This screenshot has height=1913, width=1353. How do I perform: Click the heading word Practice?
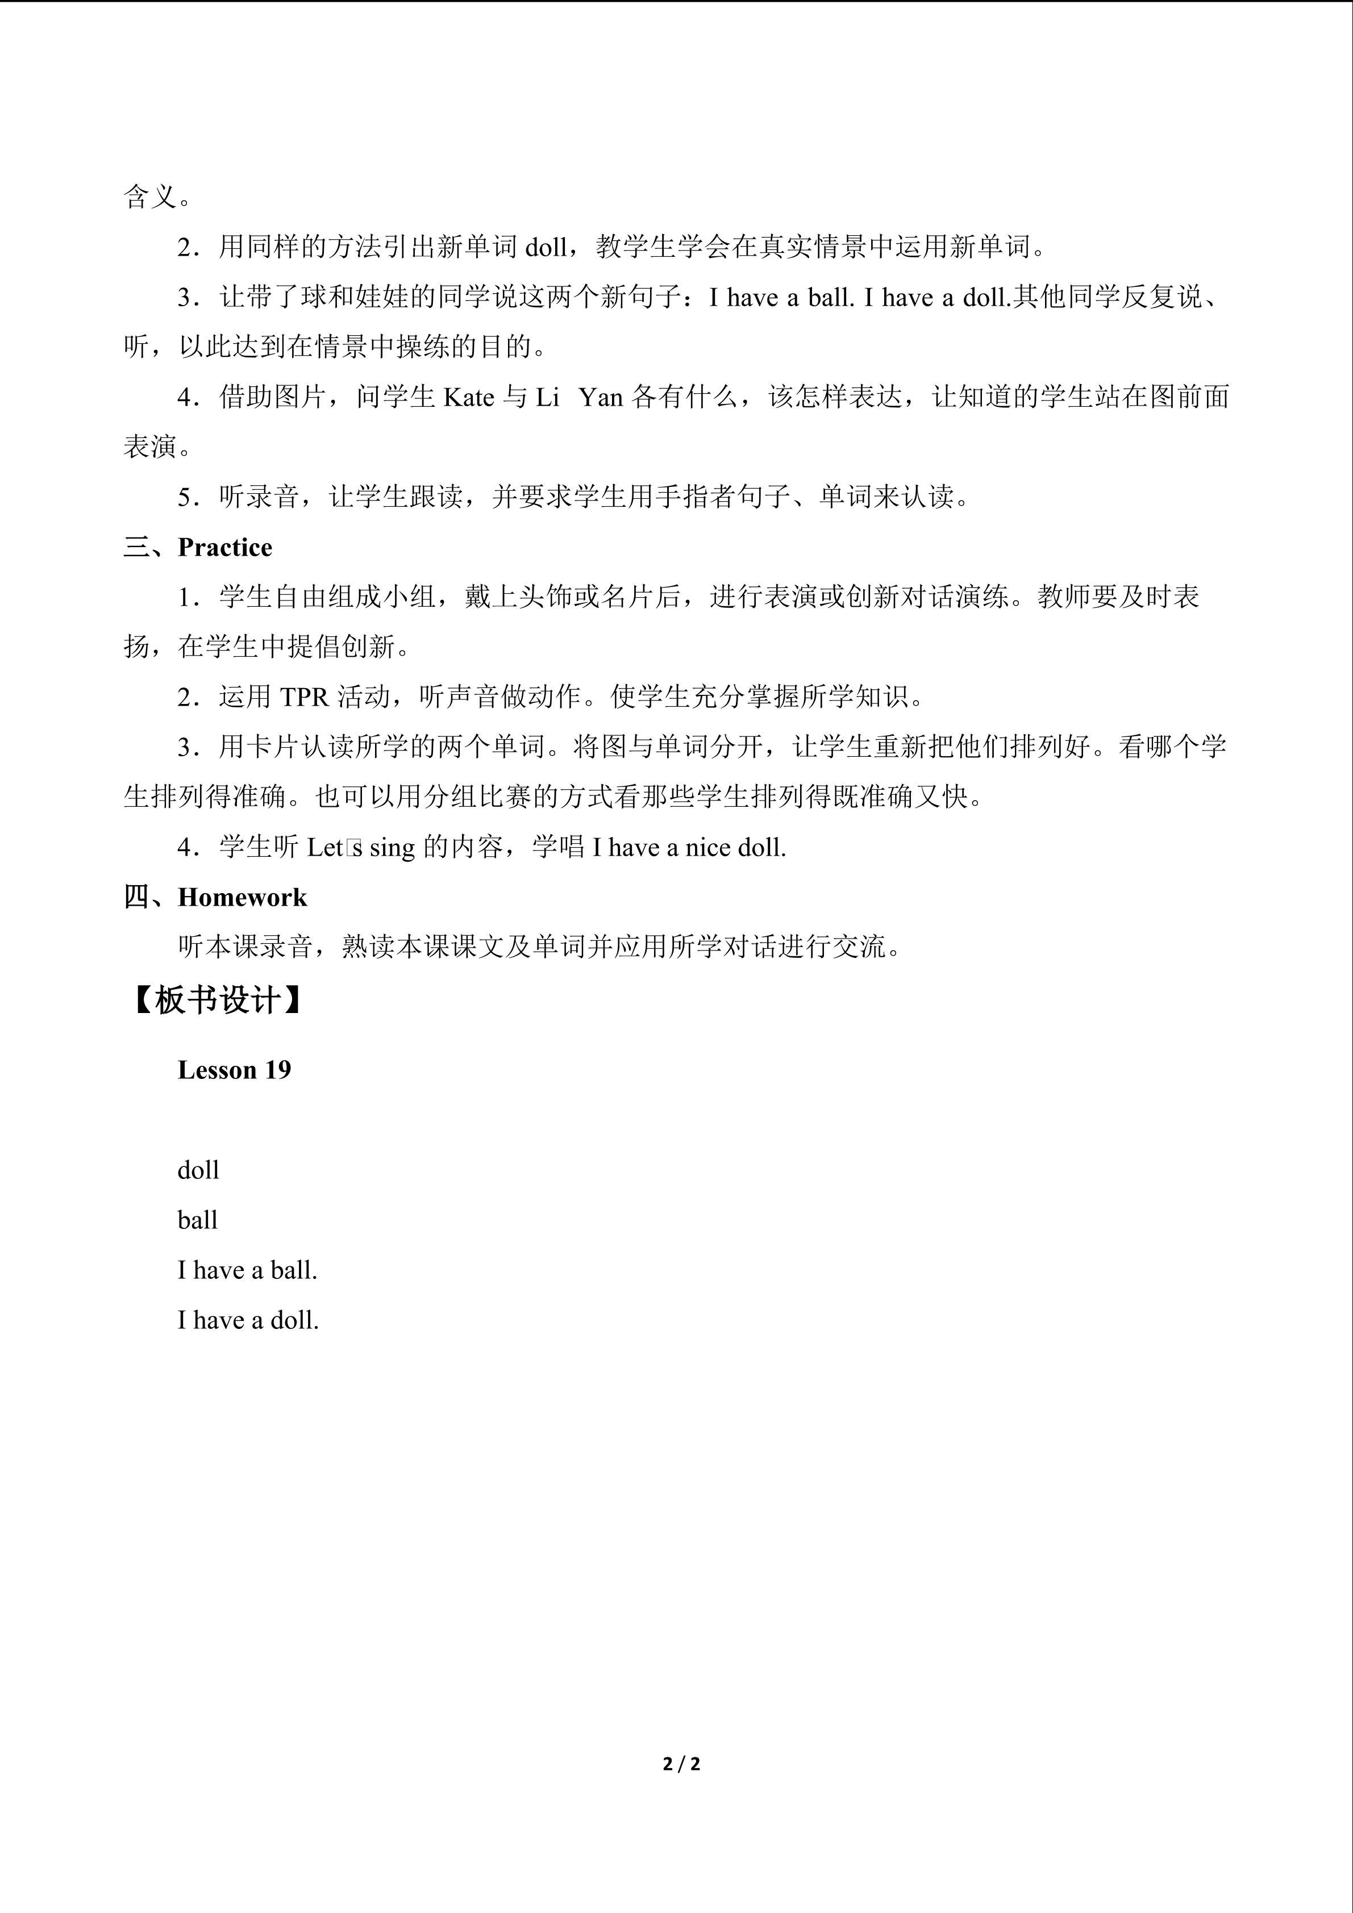click(x=225, y=547)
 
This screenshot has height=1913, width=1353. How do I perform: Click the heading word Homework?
click(x=243, y=897)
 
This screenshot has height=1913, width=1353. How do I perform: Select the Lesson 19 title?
click(x=234, y=1070)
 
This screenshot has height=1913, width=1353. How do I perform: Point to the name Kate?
click(x=469, y=398)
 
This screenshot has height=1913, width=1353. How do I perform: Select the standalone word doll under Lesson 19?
click(x=198, y=1170)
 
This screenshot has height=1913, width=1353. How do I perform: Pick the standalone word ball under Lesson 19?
click(x=197, y=1220)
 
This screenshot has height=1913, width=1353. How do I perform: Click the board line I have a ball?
click(x=247, y=1270)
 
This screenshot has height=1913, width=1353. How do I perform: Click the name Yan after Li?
click(x=601, y=398)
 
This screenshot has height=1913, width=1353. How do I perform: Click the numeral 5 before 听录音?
click(x=185, y=497)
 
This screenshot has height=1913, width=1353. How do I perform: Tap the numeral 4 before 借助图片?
click(x=185, y=398)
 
